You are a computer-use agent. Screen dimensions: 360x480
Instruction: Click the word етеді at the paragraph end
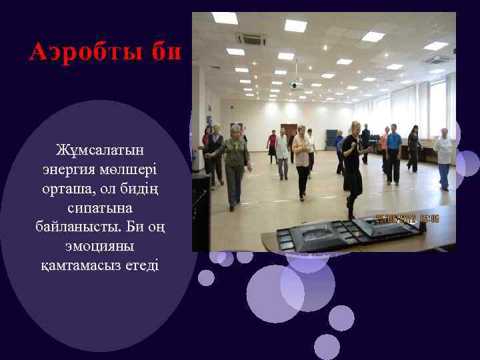click(x=140, y=265)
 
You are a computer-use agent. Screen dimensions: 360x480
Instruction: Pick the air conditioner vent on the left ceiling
click(x=250, y=39)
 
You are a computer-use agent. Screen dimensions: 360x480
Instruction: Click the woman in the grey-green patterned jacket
click(x=234, y=163)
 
